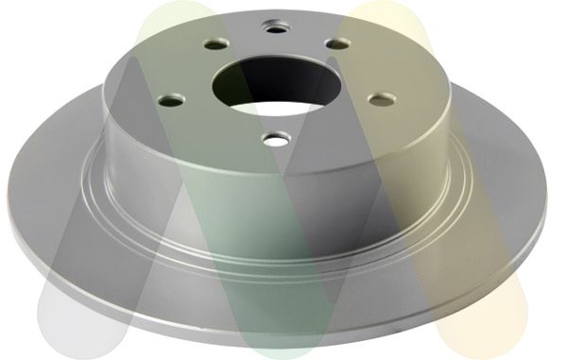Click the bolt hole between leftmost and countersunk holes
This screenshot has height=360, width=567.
tap(215, 43)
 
